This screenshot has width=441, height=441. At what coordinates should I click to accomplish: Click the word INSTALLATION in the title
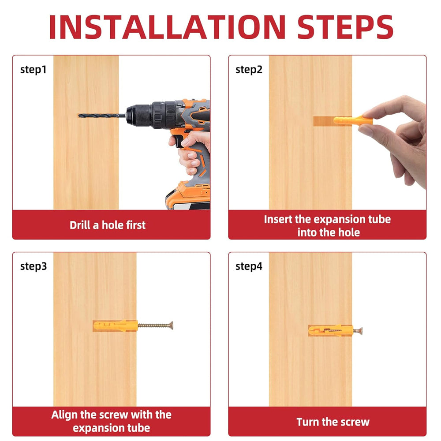[x=168, y=27]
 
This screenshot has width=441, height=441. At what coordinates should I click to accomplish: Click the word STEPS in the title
[x=345, y=27]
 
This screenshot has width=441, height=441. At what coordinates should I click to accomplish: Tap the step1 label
[x=33, y=70]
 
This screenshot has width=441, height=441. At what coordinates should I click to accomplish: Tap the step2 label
[x=249, y=70]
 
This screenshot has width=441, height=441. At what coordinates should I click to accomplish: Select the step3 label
[x=34, y=267]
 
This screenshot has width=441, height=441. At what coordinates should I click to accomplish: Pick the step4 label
[x=249, y=267]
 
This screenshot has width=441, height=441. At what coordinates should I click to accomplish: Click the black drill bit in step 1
[x=101, y=115]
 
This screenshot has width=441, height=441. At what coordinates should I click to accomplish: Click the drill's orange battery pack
[x=188, y=195]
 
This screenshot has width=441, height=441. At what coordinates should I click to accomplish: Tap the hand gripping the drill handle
[x=191, y=150]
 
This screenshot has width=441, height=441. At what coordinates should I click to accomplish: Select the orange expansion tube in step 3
[x=115, y=326]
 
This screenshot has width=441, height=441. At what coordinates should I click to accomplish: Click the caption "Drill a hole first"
[x=108, y=225]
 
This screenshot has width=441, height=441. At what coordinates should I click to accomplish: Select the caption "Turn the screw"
[x=333, y=422]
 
